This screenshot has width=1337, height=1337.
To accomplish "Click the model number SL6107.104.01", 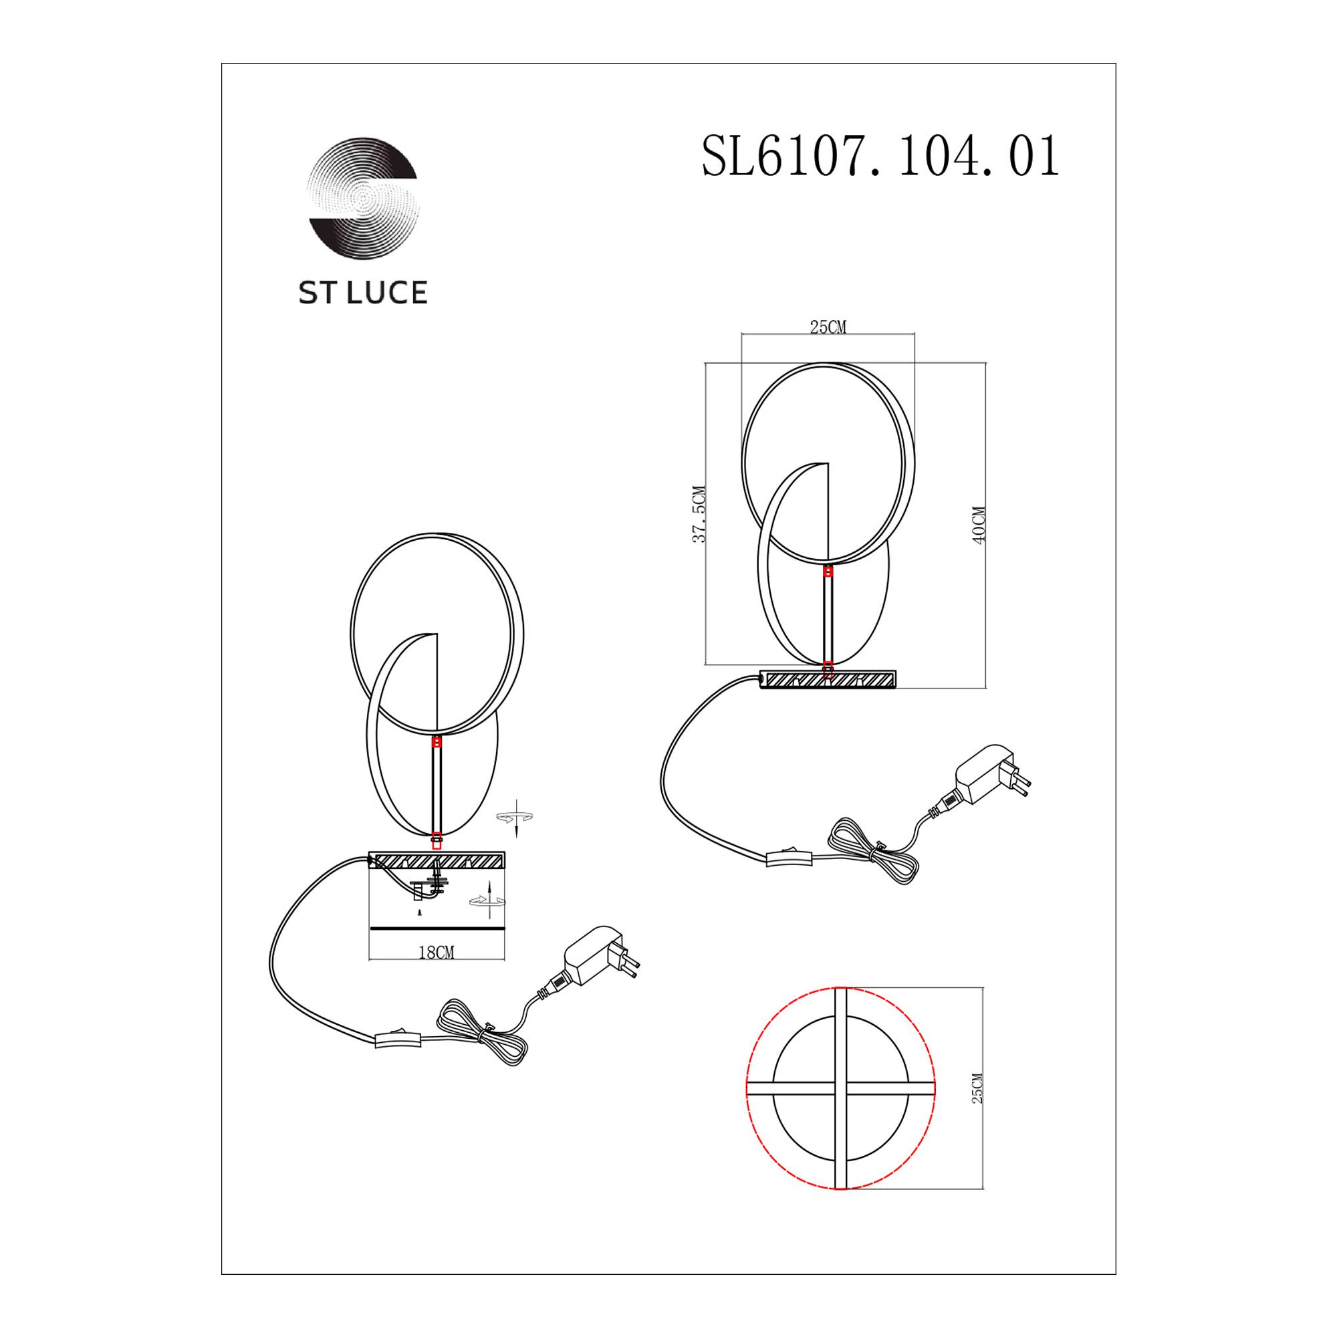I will click(x=880, y=158).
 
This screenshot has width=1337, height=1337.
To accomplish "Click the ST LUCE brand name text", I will click(x=362, y=293).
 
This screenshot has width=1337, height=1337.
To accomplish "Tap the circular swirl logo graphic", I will click(x=363, y=199).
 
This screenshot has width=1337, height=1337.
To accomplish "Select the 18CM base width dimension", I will click(x=436, y=953).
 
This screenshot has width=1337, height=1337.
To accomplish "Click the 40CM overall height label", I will click(x=979, y=526).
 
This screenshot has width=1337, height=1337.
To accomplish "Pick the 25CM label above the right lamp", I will click(x=828, y=328).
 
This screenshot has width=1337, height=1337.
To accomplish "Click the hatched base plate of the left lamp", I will click(x=437, y=862).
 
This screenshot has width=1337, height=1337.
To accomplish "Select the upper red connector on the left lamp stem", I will click(x=437, y=742).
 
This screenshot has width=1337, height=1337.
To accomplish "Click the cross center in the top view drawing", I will click(x=841, y=1088).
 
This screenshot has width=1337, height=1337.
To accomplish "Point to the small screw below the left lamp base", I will click(x=418, y=913).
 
